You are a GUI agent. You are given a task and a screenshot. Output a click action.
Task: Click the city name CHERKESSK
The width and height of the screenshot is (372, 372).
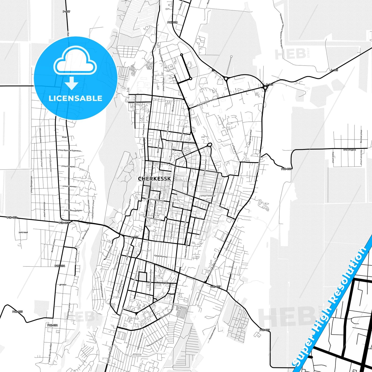click(x=154, y=179)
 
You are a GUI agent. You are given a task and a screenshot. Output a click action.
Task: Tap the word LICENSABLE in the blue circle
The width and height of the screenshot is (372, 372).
click(x=75, y=98)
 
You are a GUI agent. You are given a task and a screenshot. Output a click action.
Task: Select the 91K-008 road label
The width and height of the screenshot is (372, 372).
click(x=172, y=22)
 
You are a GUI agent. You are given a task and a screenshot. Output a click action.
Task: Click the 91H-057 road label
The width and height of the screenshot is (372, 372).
click(x=287, y=169)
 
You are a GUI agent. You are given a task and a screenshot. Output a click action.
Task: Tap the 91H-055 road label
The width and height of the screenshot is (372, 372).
click(x=17, y=312)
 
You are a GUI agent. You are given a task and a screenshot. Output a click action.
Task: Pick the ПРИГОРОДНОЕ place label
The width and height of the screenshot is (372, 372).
click(x=350, y=150)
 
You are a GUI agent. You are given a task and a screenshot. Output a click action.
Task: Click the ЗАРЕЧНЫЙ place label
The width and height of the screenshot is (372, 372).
click(x=23, y=232)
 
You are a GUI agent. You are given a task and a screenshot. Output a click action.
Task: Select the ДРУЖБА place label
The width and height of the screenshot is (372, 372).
click(x=63, y=285)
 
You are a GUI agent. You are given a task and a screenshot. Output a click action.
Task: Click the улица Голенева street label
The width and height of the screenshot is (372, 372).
click(x=207, y=196)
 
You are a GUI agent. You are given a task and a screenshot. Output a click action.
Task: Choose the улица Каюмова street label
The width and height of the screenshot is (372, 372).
click(x=69, y=186)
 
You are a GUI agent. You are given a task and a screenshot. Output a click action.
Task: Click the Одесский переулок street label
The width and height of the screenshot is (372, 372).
click(x=152, y=218)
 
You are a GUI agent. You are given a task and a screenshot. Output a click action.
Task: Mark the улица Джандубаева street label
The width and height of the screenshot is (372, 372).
click(x=73, y=210)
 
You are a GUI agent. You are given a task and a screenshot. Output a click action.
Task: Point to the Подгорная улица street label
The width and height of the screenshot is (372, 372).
click(x=250, y=137)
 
